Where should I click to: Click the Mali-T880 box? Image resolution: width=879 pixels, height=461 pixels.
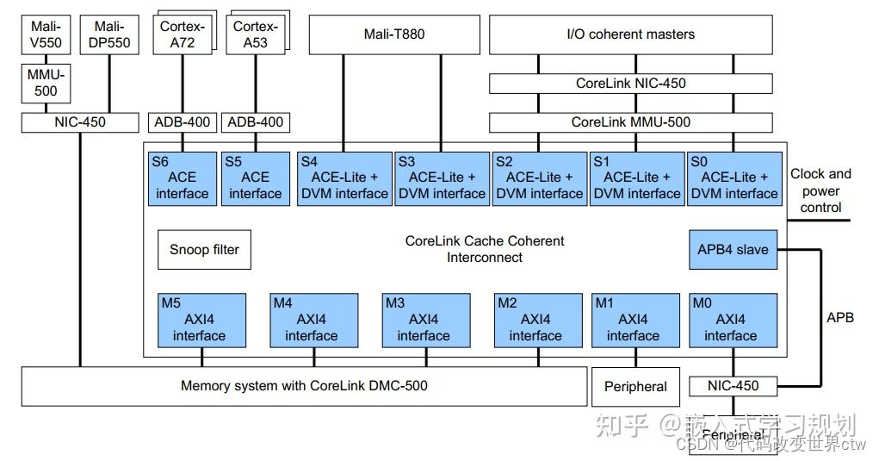(x=393, y=34)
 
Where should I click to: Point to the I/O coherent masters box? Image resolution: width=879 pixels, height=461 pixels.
(x=630, y=34)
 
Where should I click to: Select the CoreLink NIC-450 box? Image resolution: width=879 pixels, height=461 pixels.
(x=630, y=84)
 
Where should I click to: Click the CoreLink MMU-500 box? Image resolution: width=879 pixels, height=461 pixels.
(x=630, y=122)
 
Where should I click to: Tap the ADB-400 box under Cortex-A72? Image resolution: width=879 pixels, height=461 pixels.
(x=182, y=122)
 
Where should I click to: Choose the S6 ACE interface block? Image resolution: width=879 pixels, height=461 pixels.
(x=182, y=178)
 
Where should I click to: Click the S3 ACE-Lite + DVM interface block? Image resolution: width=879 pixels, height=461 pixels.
(x=441, y=178)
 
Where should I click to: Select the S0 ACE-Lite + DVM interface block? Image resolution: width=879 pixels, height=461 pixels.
(x=734, y=178)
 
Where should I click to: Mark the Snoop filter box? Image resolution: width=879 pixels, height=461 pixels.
(x=204, y=250)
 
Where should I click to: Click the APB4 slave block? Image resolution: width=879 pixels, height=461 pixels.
(x=734, y=250)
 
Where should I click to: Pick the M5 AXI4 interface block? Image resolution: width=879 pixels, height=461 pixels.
(x=198, y=319)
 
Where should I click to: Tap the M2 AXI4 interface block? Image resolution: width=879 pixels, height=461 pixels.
(x=535, y=319)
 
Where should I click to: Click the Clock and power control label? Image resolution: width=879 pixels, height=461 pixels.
(x=820, y=190)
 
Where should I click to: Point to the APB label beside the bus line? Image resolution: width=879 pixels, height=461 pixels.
(x=839, y=317)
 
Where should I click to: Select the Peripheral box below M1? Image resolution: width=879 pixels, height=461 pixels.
(x=635, y=386)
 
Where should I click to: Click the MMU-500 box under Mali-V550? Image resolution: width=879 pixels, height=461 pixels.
(x=46, y=84)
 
